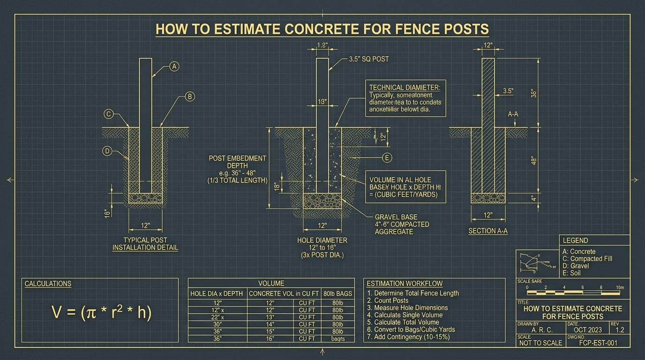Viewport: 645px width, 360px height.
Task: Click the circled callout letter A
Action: click(174, 67)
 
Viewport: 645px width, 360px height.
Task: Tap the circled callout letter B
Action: click(189, 97)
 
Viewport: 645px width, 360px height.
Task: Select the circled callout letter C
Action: click(108, 113)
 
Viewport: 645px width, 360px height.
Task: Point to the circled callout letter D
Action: click(107, 151)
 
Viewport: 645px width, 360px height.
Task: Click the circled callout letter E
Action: click(387, 157)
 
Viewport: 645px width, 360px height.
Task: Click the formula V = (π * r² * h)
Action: click(101, 312)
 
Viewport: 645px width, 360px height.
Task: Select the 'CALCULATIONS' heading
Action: click(48, 284)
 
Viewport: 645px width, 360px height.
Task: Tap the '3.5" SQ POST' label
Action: click(368, 60)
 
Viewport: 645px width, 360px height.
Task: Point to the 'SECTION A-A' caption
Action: click(488, 231)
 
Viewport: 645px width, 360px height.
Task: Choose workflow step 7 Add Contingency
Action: click(408, 337)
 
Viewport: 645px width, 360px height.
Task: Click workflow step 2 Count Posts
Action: click(388, 300)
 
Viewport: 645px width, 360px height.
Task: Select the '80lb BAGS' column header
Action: click(338, 293)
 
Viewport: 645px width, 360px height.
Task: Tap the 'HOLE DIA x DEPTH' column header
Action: click(217, 293)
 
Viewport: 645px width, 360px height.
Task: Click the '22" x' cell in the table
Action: click(217, 317)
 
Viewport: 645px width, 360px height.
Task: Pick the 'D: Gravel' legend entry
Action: click(576, 266)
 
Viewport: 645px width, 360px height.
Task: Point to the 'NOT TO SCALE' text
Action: click(540, 343)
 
